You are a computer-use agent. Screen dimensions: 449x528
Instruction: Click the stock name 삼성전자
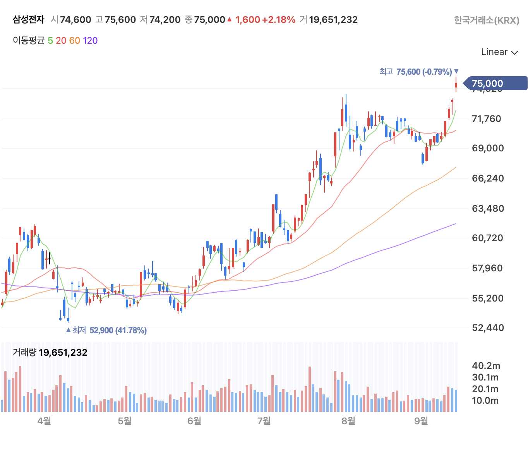pyautogui.click(x=29, y=20)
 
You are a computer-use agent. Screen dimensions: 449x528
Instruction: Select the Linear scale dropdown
pyautogui.click(x=499, y=52)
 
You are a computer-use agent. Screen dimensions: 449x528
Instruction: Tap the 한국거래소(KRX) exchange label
pyautogui.click(x=486, y=20)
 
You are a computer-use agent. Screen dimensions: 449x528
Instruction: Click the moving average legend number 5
pyautogui.click(x=50, y=41)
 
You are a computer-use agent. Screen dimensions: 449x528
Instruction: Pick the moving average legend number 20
pyautogui.click(x=61, y=41)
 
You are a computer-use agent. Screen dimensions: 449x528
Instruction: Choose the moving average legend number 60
pyautogui.click(x=75, y=41)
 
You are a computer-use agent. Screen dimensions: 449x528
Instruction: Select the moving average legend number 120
pyautogui.click(x=90, y=41)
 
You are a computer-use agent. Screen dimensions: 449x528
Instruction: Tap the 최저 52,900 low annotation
pyautogui.click(x=107, y=330)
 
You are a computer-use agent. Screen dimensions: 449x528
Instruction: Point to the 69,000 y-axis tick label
pyautogui.click(x=488, y=148)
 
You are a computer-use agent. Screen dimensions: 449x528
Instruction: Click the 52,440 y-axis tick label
pyautogui.click(x=488, y=328)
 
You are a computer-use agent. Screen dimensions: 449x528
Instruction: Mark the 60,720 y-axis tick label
pyautogui.click(x=488, y=238)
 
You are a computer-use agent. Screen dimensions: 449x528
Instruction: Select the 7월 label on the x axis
pyautogui.click(x=264, y=421)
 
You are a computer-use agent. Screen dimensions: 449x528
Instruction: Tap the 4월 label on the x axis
pyautogui.click(x=45, y=421)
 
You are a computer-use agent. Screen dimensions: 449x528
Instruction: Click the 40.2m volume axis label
pyautogui.click(x=486, y=366)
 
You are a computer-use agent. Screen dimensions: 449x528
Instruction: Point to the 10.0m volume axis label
pyautogui.click(x=485, y=401)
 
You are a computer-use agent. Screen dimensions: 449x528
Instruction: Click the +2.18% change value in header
pyautogui.click(x=279, y=20)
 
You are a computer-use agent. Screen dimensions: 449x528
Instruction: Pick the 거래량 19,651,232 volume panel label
pyautogui.click(x=50, y=352)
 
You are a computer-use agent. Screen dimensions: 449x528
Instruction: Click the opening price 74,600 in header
pyautogui.click(x=75, y=20)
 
